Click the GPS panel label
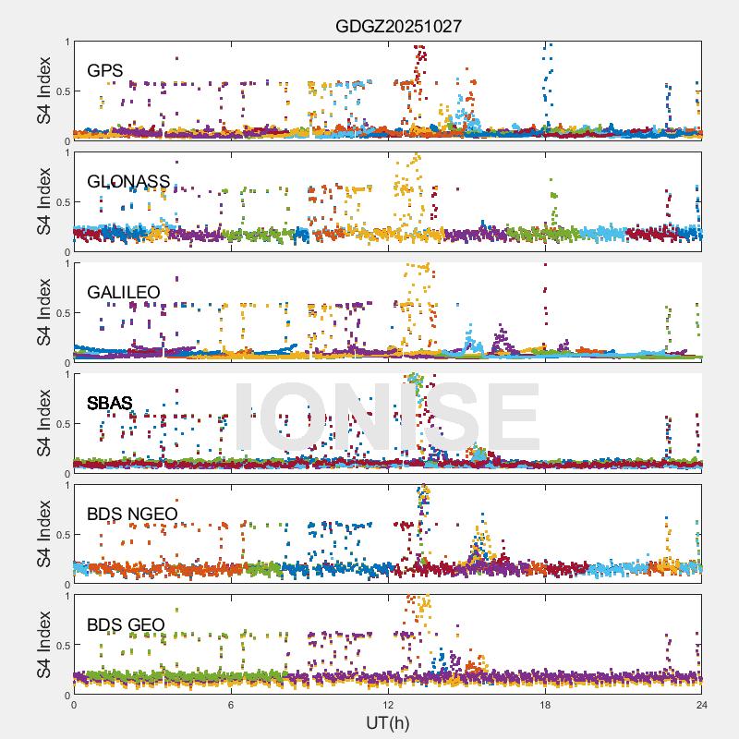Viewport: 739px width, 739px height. point(105,70)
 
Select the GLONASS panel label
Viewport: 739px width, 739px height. point(128,181)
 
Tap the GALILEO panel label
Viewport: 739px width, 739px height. point(124,293)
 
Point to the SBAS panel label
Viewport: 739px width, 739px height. point(110,403)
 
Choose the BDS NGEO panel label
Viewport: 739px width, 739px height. point(132,515)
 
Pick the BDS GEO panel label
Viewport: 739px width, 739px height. point(126,625)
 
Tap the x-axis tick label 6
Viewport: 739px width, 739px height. point(231,705)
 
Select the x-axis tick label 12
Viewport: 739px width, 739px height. point(388,705)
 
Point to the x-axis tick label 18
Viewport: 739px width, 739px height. point(545,705)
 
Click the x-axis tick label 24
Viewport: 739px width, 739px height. point(702,705)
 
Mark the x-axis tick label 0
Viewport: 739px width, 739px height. point(74,705)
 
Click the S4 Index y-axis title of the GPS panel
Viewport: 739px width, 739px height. point(44,91)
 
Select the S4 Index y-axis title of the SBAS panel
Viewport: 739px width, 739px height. point(44,423)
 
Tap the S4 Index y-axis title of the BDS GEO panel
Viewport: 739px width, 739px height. point(44,645)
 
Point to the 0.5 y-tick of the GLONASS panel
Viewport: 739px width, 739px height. point(61,202)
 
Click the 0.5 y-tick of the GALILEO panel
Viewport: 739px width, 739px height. point(61,313)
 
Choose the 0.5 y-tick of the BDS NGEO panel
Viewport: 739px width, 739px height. point(61,535)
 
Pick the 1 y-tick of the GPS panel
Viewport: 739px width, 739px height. point(66,42)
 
